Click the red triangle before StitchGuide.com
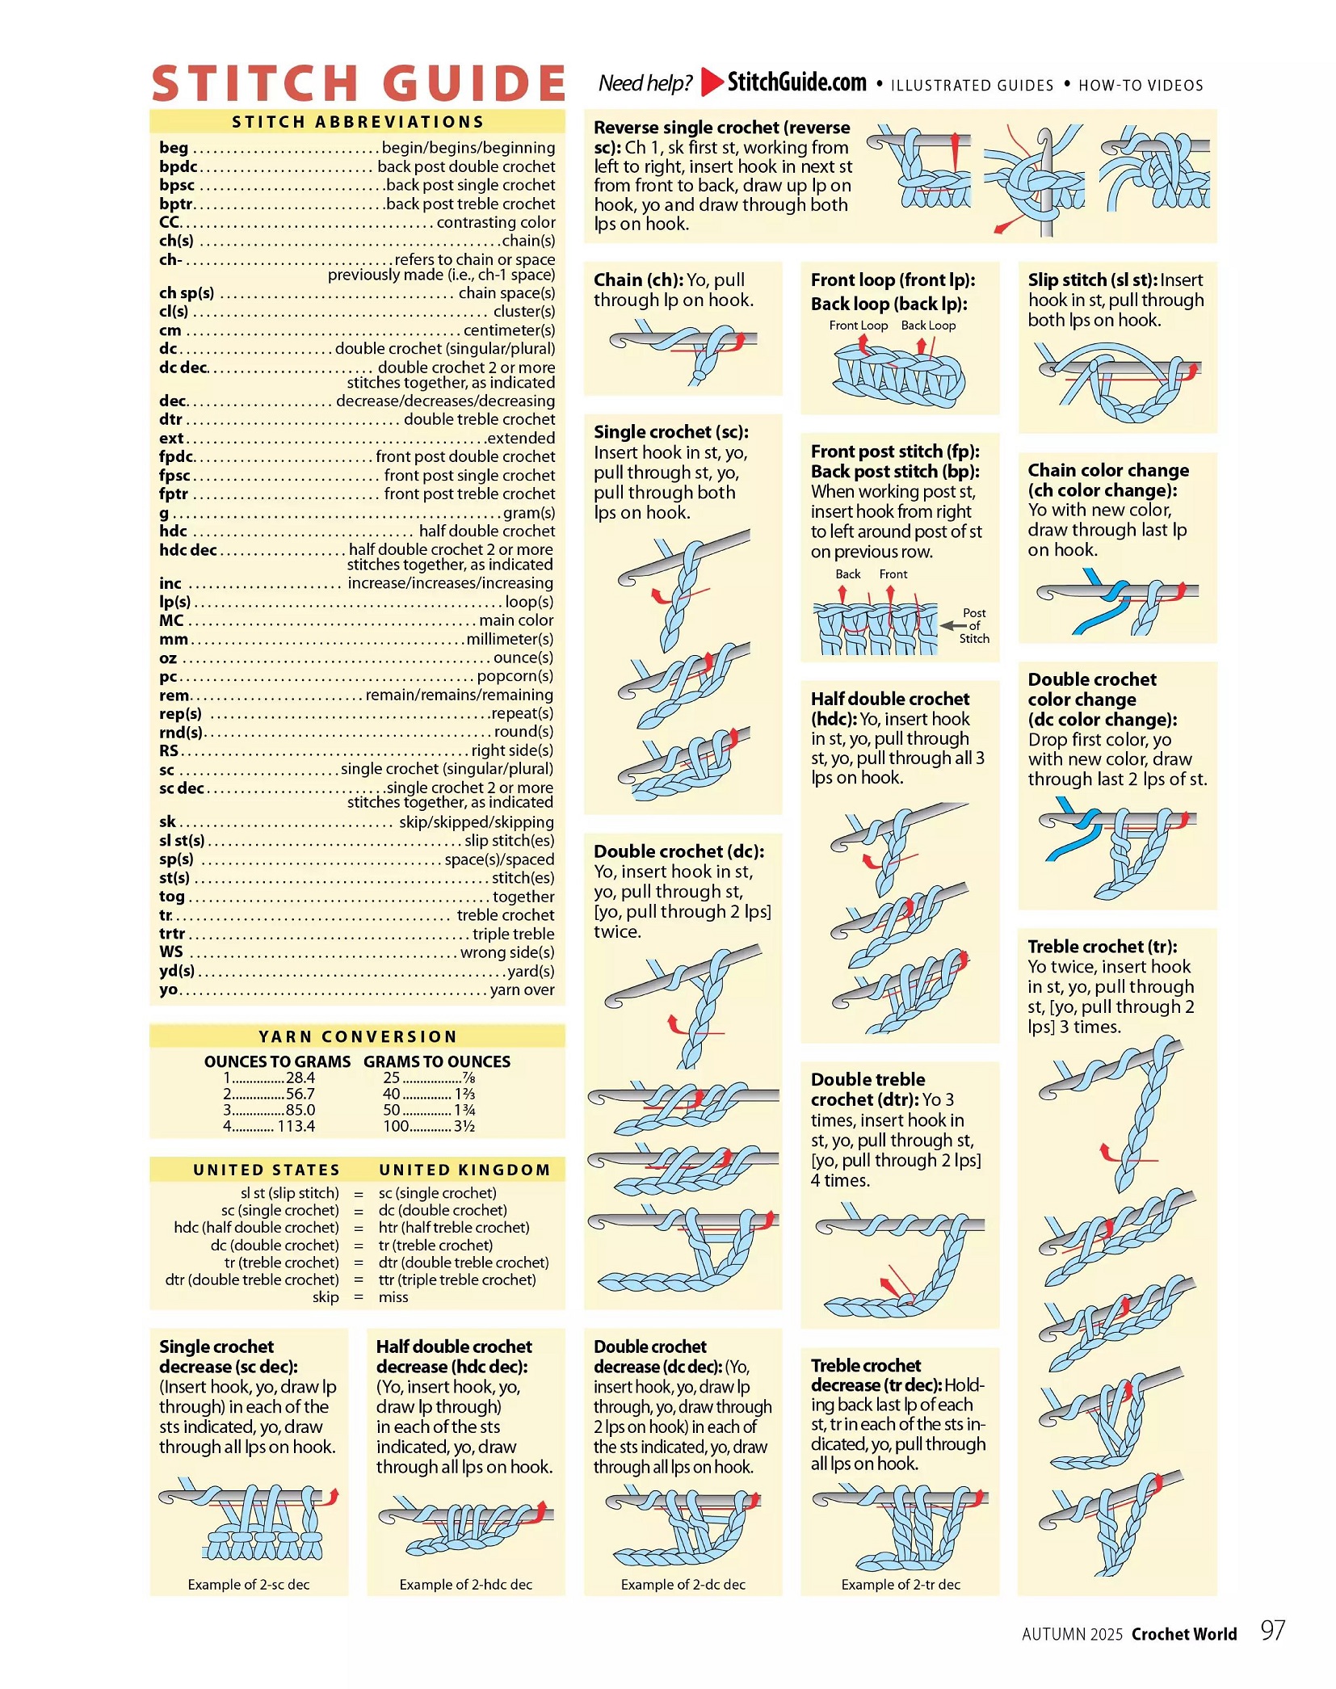click(x=712, y=82)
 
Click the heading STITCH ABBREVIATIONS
click(x=358, y=122)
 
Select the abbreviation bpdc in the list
click(x=178, y=166)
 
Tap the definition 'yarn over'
click(x=522, y=989)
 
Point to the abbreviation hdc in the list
click(x=173, y=531)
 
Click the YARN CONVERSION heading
click(x=358, y=1036)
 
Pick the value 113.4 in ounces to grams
click(x=296, y=1126)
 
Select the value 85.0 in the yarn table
click(x=300, y=1110)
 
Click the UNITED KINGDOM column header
click(x=464, y=1170)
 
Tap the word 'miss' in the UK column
click(x=393, y=1297)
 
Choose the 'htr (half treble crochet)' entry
click(x=454, y=1228)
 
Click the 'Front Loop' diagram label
click(x=858, y=326)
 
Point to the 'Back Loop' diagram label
click(x=928, y=326)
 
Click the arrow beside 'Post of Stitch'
click(x=953, y=625)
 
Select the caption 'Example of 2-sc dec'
click(x=249, y=1585)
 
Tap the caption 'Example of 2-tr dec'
click(x=901, y=1585)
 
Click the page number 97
click(x=1272, y=1631)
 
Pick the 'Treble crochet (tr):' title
click(x=1102, y=947)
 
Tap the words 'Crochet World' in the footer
click(x=1183, y=1634)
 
